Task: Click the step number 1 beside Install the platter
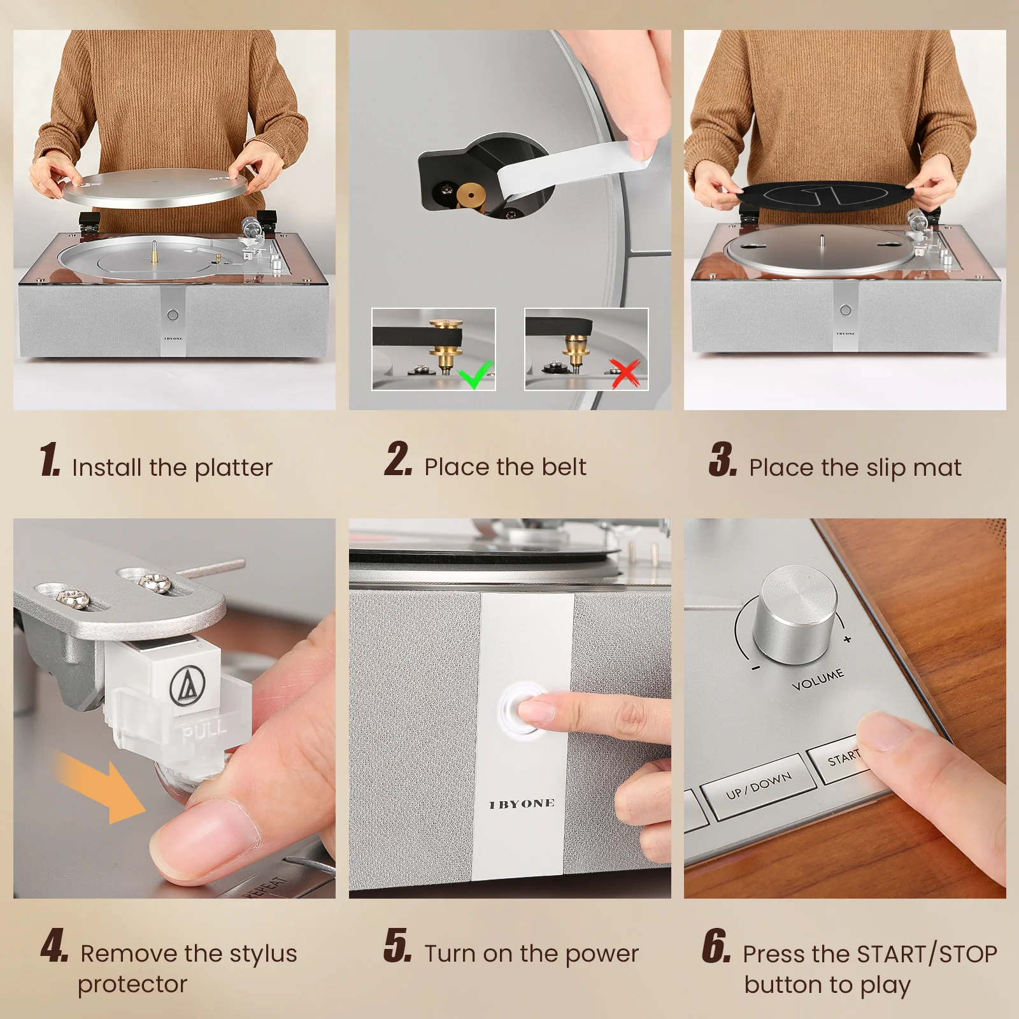click(x=50, y=460)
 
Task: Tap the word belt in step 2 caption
click(x=564, y=467)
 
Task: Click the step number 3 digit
click(x=723, y=460)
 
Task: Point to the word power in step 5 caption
click(x=601, y=954)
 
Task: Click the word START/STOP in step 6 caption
click(x=927, y=954)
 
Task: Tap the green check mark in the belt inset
click(x=477, y=374)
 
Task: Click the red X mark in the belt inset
click(x=625, y=373)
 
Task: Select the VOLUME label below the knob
click(x=818, y=680)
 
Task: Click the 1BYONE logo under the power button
click(x=522, y=804)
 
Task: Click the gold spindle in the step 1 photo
click(x=153, y=250)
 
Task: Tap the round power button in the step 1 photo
click(x=172, y=315)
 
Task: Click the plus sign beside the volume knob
click(x=847, y=639)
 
